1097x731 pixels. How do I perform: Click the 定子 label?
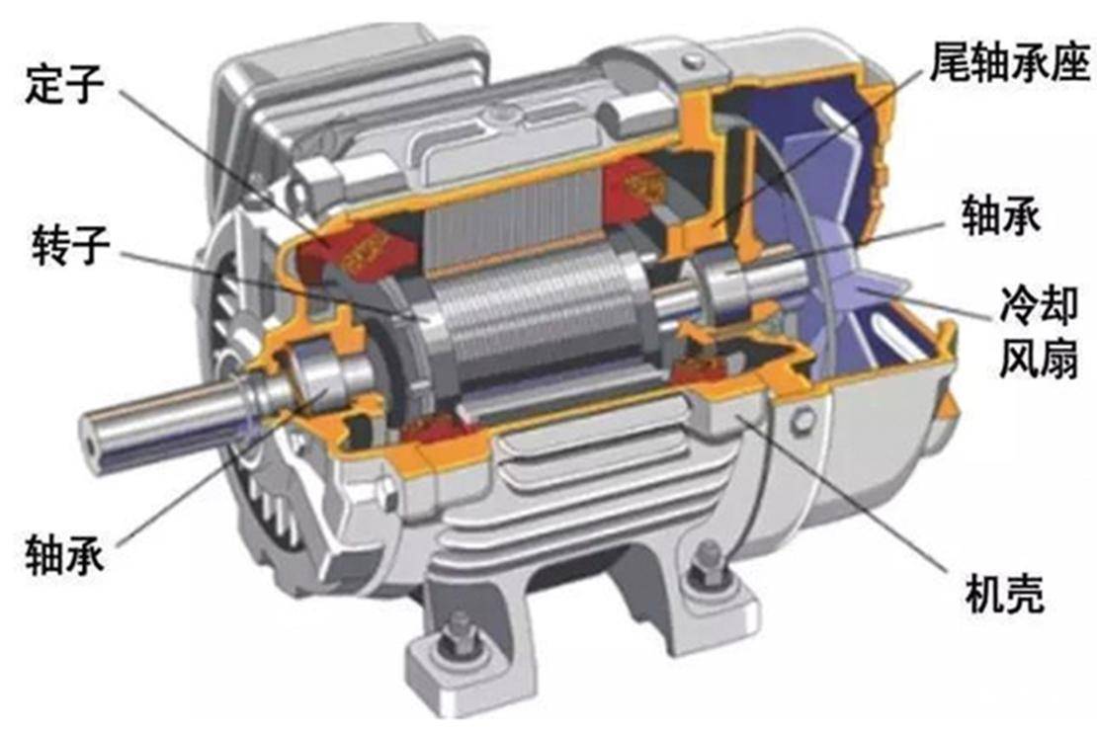click(64, 85)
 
